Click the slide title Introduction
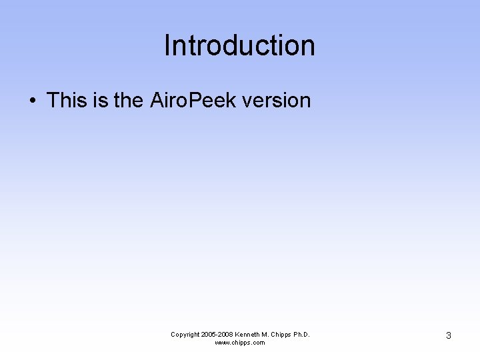[x=239, y=46]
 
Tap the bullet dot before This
[x=32, y=101]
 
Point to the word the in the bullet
[x=128, y=101]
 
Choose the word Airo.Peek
[x=193, y=101]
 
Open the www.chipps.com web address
[x=239, y=343]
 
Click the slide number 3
[x=448, y=336]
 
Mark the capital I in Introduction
[x=167, y=46]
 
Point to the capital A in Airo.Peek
[x=157, y=101]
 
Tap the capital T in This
[x=53, y=101]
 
